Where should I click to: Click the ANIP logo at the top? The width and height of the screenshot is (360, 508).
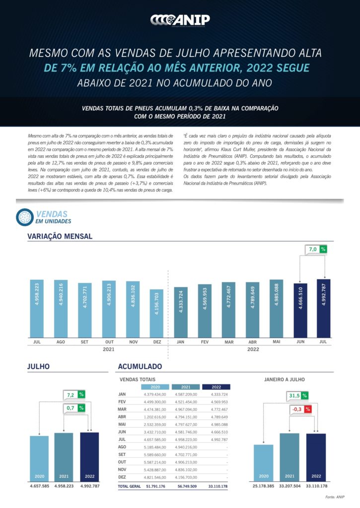(x=180, y=20)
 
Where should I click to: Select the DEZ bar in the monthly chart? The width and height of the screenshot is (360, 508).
(x=156, y=313)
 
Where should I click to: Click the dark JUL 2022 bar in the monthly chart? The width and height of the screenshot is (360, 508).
(x=324, y=308)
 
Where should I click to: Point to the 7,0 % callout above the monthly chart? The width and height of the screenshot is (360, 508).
(x=317, y=249)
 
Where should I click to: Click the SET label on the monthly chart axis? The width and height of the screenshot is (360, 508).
(x=84, y=342)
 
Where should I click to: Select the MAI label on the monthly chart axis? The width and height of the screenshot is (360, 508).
(x=276, y=342)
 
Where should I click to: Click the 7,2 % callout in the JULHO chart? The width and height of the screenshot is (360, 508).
(x=74, y=395)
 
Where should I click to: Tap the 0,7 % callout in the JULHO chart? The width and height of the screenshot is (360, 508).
(x=74, y=408)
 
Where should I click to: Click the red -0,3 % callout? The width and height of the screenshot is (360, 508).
(x=301, y=409)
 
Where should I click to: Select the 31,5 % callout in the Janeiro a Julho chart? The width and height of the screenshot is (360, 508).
(x=297, y=395)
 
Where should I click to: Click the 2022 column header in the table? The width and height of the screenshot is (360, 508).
(x=216, y=386)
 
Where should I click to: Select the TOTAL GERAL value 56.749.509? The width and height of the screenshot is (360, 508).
(x=187, y=487)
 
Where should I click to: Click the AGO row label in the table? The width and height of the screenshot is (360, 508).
(x=122, y=447)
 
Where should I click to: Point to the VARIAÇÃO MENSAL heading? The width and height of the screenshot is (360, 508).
(x=60, y=236)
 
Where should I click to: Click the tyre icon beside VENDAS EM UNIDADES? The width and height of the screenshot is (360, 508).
(x=24, y=216)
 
